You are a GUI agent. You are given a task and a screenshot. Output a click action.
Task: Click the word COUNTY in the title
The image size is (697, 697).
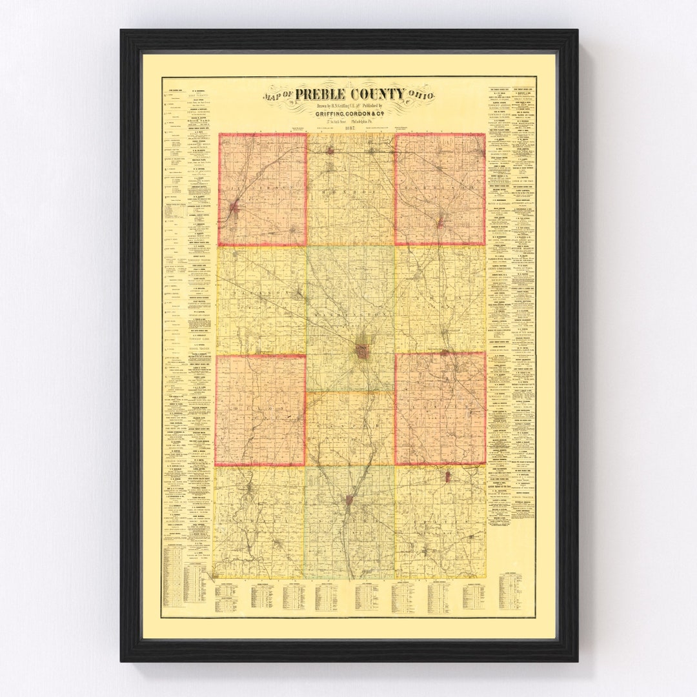pos(382,94)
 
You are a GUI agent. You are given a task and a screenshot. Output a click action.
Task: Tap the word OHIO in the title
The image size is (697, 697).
pos(421,96)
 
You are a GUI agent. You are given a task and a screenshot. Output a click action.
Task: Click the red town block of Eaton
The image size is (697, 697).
pos(362,352)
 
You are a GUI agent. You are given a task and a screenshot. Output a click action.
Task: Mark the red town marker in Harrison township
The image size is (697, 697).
pos(439,223)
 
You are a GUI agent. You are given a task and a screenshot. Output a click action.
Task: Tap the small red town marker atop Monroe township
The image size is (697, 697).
pos(330,151)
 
